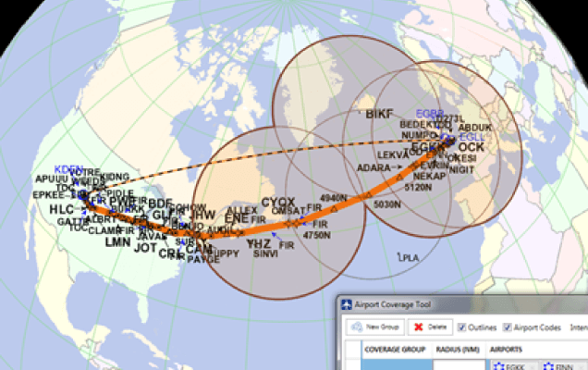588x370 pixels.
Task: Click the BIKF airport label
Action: pyautogui.click(x=379, y=115)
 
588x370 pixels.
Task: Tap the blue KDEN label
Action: pyautogui.click(x=69, y=169)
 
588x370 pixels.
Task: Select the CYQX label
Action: pyautogui.click(x=277, y=202)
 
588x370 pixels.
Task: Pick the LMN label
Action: pyautogui.click(x=117, y=242)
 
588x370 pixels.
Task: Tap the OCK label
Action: pyautogui.click(x=471, y=147)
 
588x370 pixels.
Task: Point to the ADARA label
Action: pyautogui.click(x=374, y=167)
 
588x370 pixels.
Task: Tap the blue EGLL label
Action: pyautogui.click(x=472, y=137)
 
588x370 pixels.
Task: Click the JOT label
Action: pyautogui.click(x=145, y=248)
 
